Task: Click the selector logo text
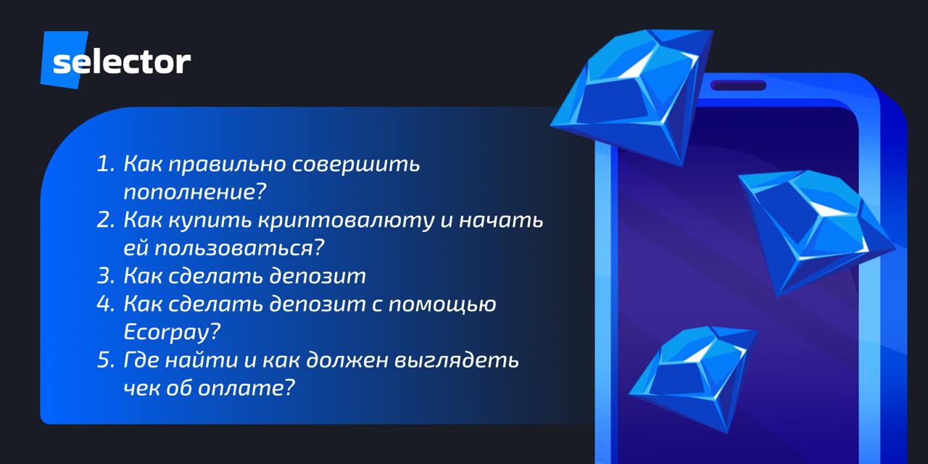[122, 62]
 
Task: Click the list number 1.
[105, 164]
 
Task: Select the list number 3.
[105, 275]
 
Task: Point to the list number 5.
[105, 360]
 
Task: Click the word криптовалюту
[346, 220]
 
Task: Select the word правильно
[227, 165]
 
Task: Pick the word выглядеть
[456, 360]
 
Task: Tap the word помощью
[442, 304]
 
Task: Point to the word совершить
[356, 164]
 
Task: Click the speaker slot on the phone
[738, 86]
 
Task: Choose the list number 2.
[105, 220]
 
